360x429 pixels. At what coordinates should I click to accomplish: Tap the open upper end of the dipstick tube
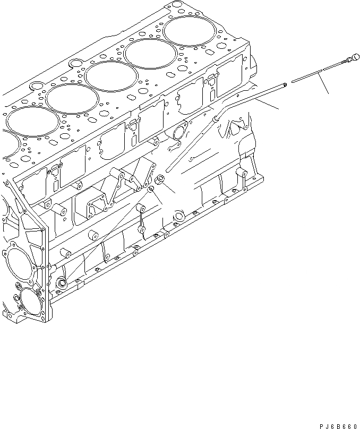(x=286, y=83)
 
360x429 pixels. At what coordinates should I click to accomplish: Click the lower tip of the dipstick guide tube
(x=167, y=170)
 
